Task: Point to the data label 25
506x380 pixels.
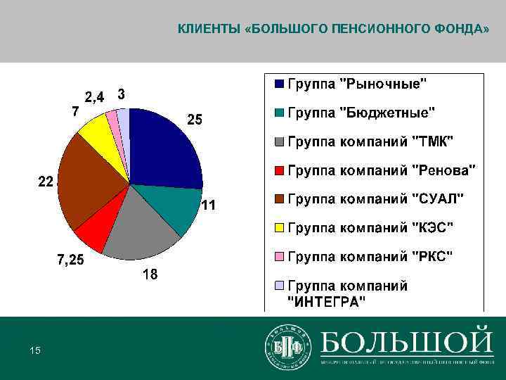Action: point(194,120)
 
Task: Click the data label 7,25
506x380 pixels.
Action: point(70,260)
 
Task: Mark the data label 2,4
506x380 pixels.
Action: point(95,97)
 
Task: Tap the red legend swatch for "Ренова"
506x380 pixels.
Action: point(280,170)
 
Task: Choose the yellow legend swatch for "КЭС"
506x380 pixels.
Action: point(280,228)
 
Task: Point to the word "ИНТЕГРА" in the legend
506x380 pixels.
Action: point(327,303)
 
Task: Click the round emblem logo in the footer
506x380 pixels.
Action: point(287,346)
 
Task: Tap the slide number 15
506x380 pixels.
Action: point(34,350)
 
